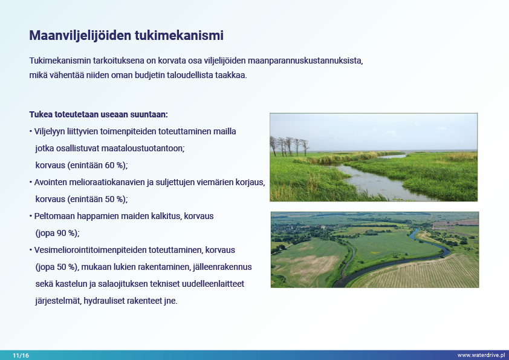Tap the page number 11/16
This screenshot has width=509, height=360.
tap(21, 355)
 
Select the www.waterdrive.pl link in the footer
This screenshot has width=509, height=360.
tap(481, 355)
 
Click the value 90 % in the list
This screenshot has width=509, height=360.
tap(67, 233)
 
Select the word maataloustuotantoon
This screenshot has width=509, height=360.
tap(143, 148)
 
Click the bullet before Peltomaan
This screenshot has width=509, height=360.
tap(31, 217)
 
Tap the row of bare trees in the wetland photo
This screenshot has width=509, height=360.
tap(290, 146)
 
